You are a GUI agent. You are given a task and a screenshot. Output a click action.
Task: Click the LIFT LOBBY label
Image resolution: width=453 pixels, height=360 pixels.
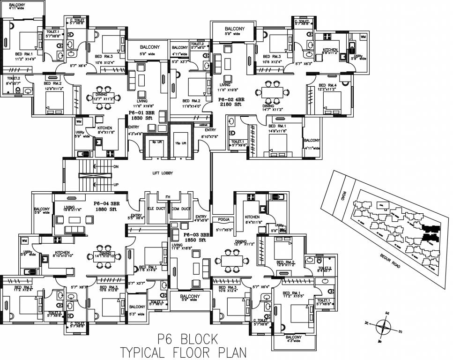coord(163,173)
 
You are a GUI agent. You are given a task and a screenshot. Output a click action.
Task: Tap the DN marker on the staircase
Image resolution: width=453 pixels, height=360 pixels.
coord(116,166)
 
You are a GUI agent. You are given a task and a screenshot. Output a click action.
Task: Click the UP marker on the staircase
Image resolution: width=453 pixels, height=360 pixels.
coord(116,185)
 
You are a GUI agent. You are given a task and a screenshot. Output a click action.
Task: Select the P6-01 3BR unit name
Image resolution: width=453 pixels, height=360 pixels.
coord(142,113)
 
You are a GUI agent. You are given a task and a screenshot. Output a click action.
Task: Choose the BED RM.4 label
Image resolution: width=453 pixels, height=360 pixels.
coord(328,86)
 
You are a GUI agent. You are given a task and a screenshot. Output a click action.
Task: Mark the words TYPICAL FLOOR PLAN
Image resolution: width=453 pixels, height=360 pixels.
coord(183,352)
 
